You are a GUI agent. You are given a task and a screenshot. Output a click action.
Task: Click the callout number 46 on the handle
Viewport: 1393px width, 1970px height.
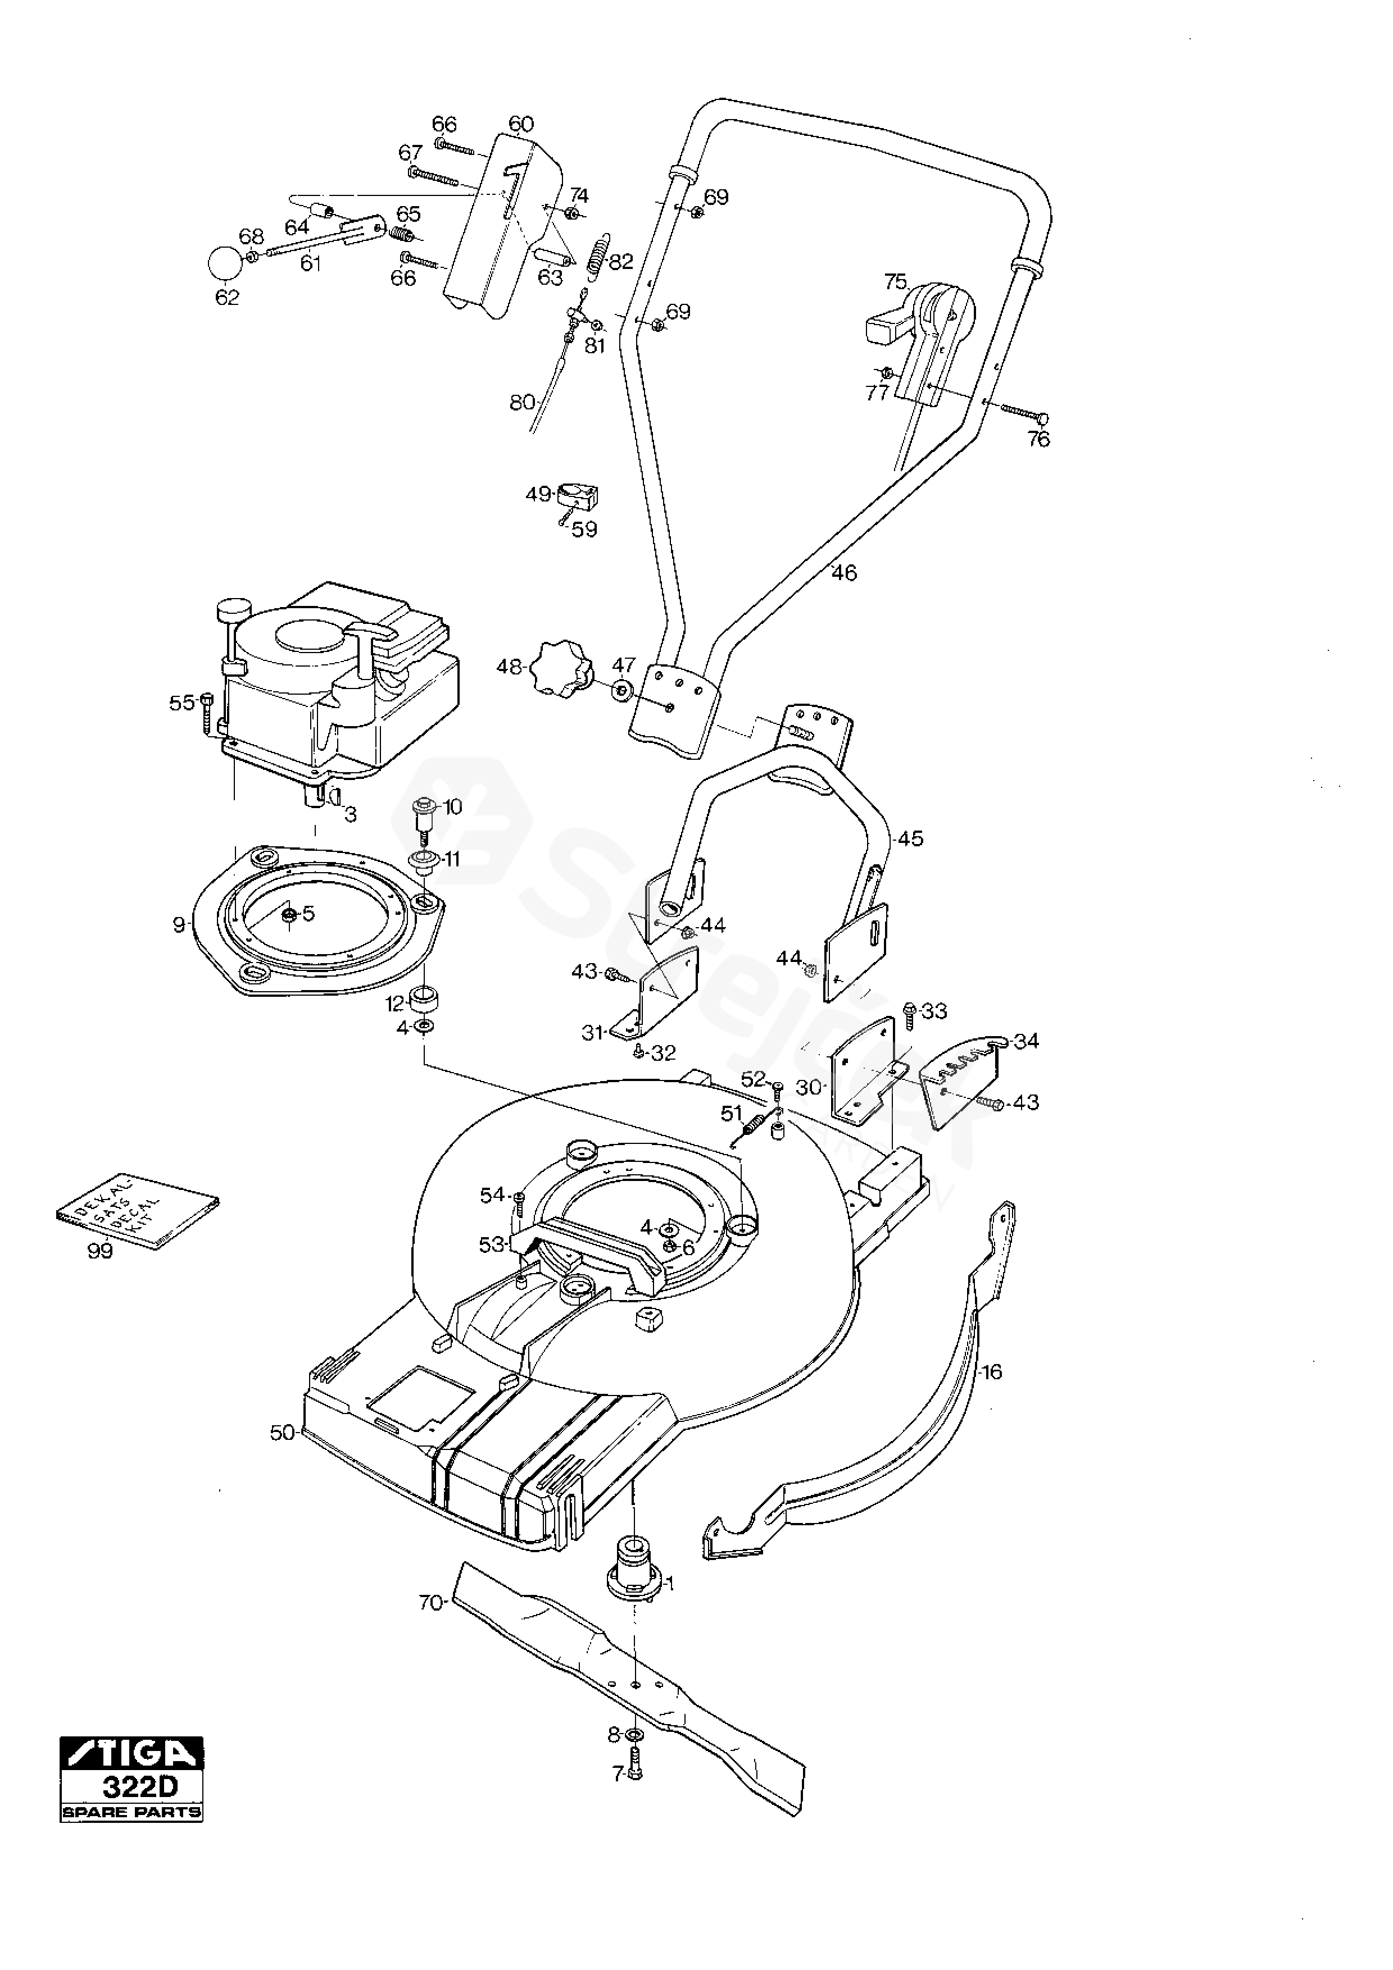[x=843, y=572]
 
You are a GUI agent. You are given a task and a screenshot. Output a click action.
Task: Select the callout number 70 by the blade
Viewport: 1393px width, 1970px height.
[x=430, y=1602]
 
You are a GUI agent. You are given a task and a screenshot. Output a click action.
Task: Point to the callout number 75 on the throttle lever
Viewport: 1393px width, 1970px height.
[x=895, y=281]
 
